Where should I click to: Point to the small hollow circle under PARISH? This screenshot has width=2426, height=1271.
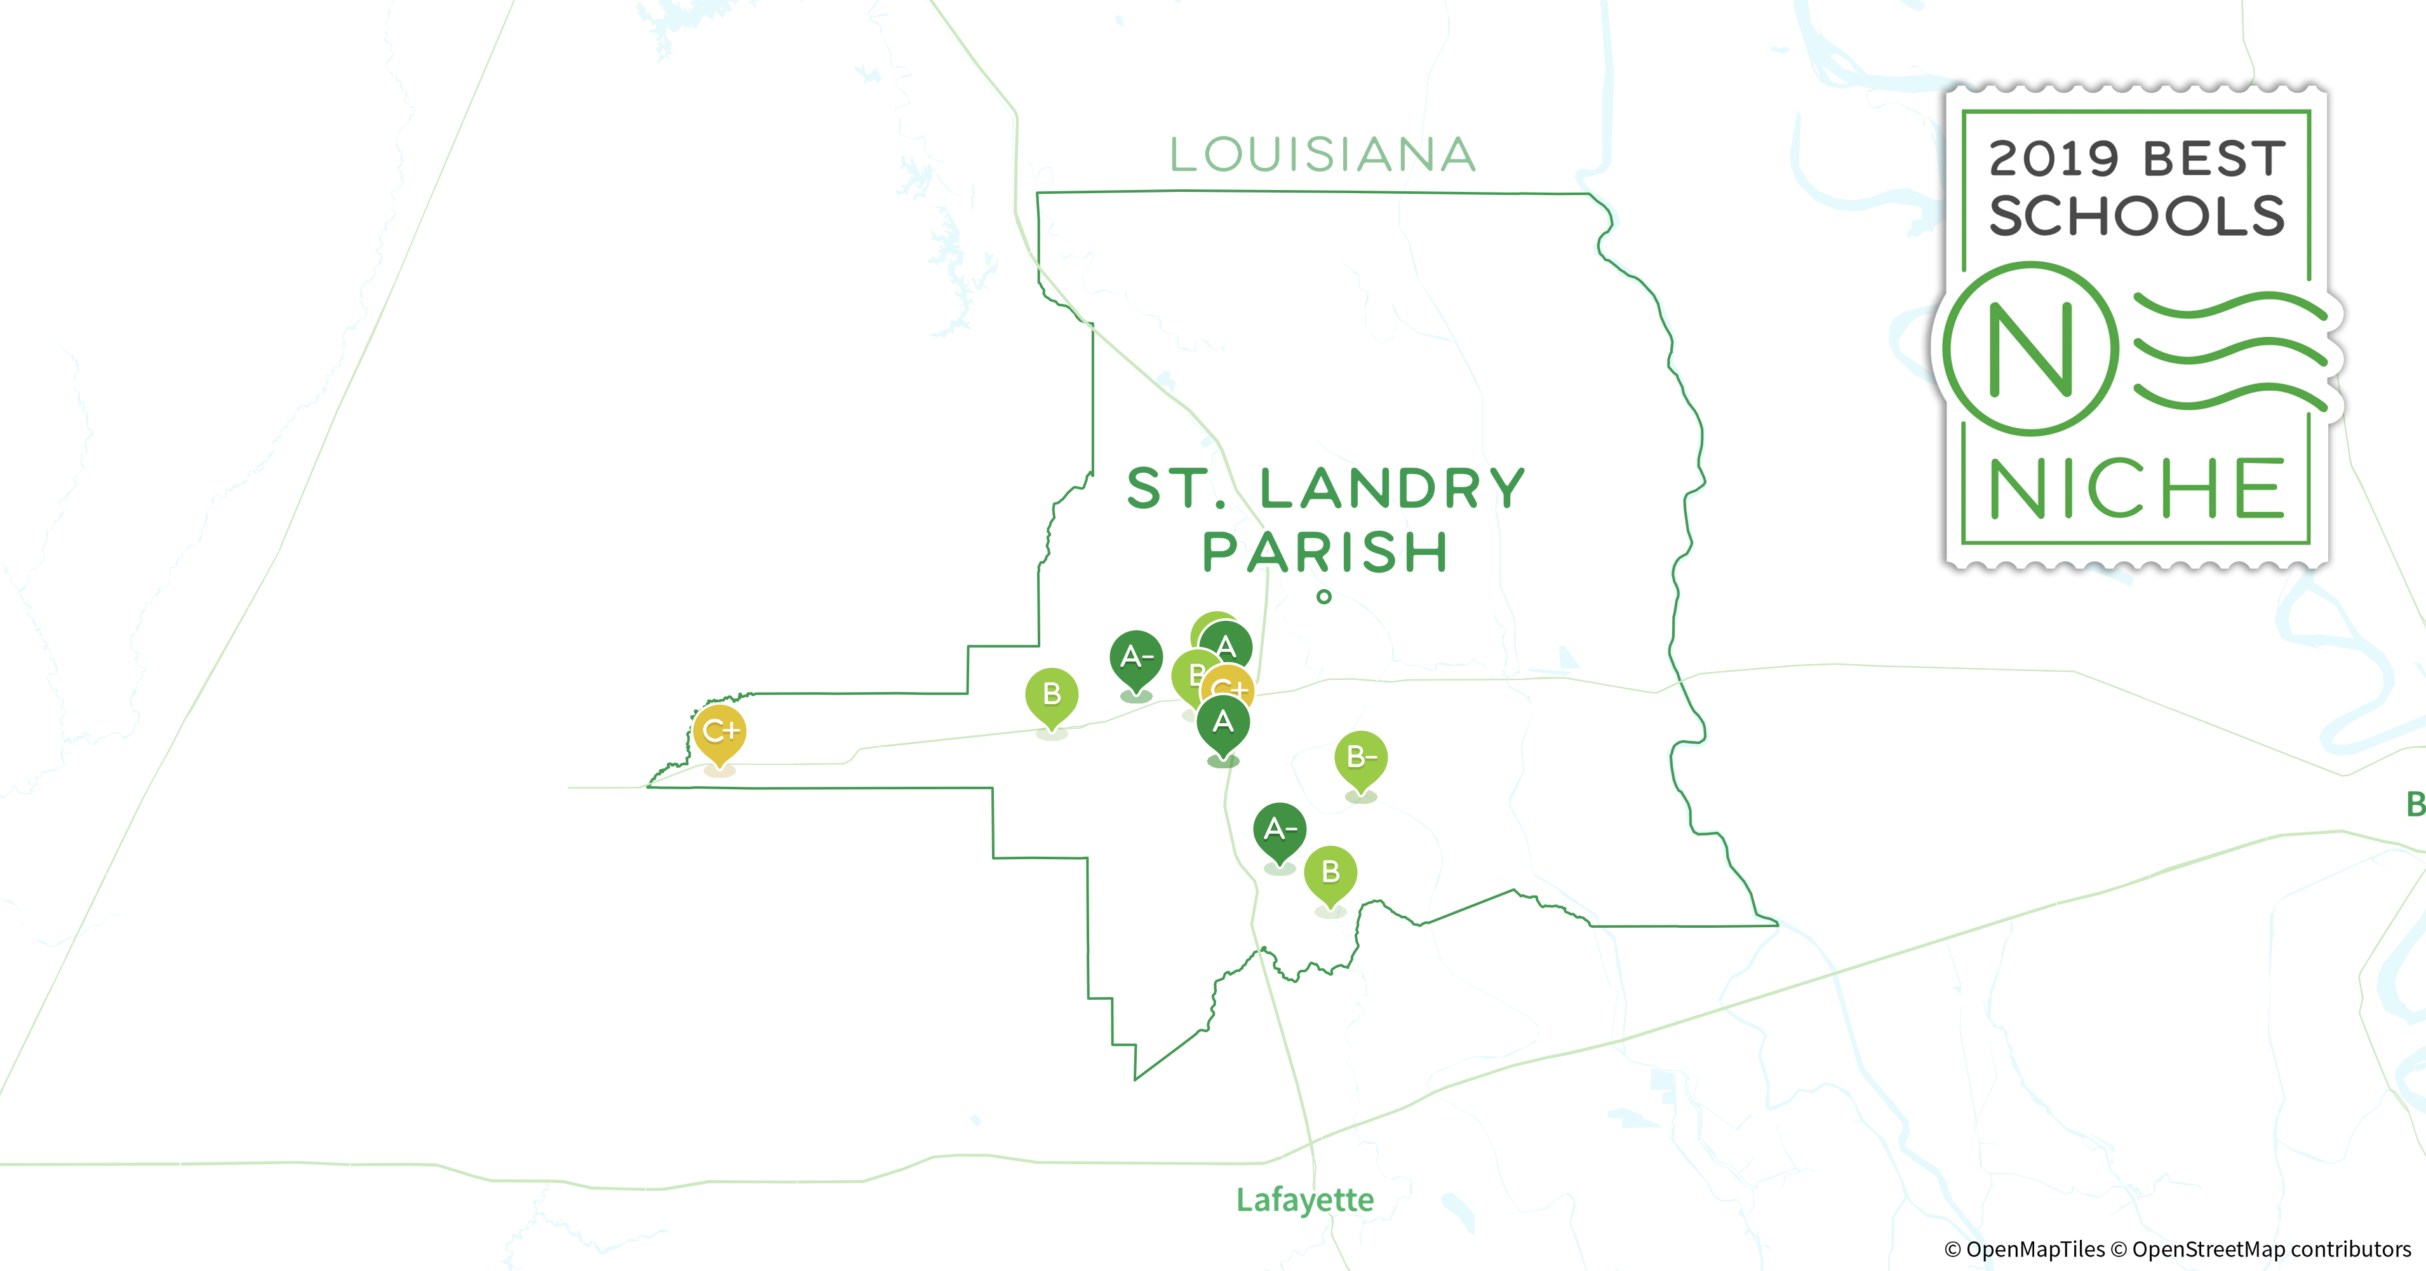(x=1324, y=596)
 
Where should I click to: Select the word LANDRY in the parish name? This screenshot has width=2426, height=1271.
(x=1392, y=488)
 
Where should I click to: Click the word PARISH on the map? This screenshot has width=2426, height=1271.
(x=1325, y=552)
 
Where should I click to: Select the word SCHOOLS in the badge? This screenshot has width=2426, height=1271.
(x=2136, y=217)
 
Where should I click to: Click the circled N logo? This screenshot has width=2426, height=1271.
(x=2030, y=349)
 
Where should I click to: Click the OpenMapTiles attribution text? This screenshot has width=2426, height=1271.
(x=2024, y=1249)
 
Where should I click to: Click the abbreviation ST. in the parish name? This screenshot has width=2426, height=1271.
(x=1177, y=488)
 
